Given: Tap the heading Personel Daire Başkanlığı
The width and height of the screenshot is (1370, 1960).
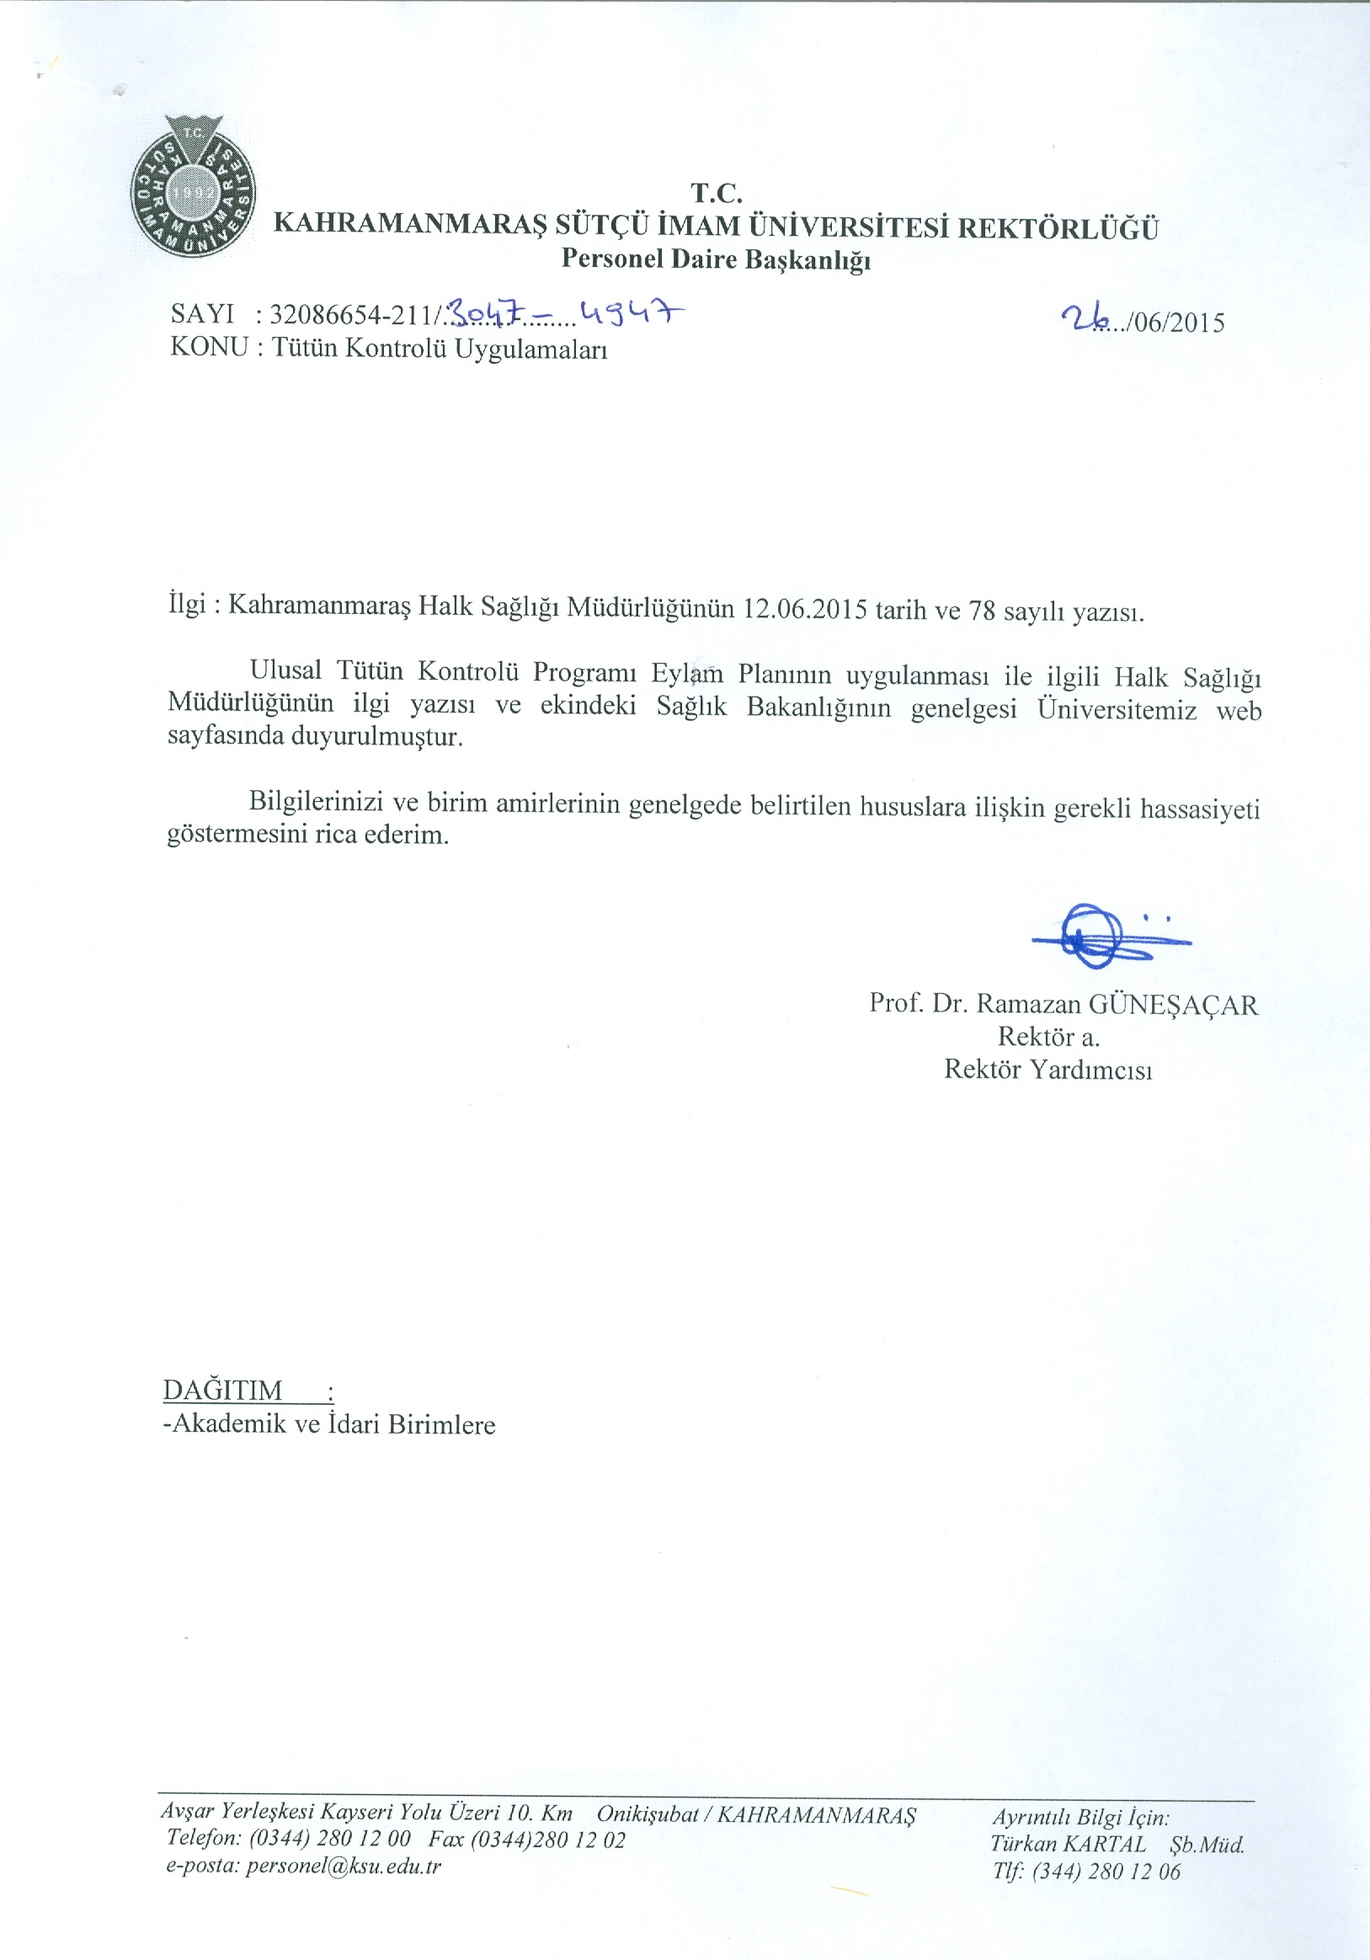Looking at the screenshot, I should (x=715, y=259).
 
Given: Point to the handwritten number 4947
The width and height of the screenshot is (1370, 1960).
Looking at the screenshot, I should (x=632, y=314).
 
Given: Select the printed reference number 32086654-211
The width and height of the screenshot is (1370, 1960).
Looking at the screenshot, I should (x=353, y=315).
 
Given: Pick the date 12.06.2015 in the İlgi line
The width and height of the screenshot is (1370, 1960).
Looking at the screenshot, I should (x=805, y=610).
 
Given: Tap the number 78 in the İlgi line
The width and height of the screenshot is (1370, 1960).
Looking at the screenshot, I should (x=982, y=611).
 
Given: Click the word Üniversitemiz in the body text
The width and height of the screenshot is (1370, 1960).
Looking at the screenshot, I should (x=1117, y=709).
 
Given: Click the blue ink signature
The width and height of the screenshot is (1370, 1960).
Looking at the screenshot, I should (x=1101, y=937).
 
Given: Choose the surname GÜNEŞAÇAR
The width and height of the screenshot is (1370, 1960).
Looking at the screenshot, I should (x=1173, y=1005).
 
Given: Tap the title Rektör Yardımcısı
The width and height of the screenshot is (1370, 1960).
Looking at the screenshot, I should (x=1047, y=1070).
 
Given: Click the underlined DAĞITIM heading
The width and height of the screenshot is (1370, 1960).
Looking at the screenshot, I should (x=223, y=1391).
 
